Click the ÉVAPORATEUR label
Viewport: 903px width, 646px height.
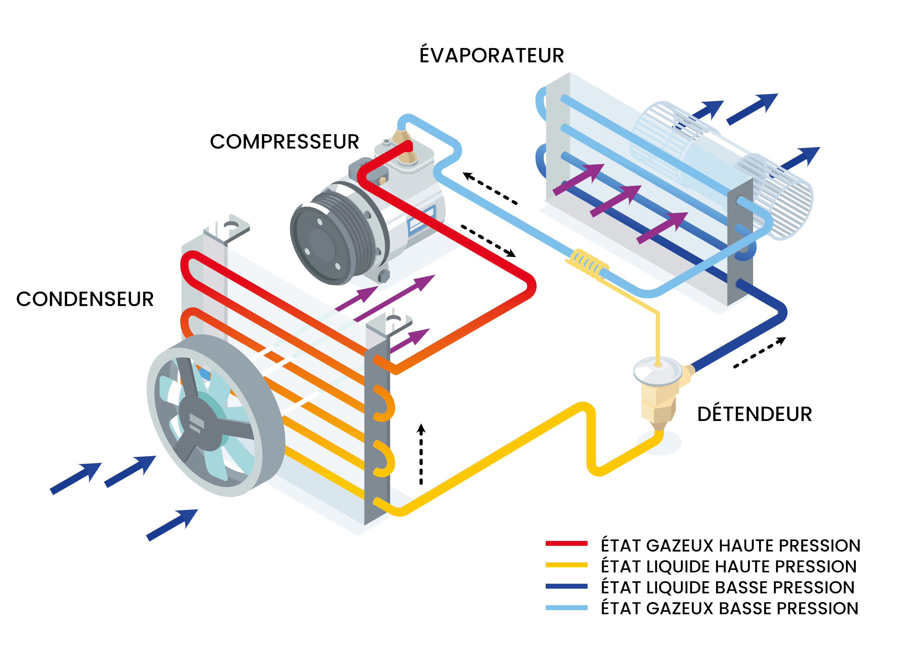click(x=492, y=55)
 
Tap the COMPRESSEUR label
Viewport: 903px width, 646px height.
click(x=284, y=142)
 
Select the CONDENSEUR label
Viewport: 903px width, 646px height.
click(x=85, y=299)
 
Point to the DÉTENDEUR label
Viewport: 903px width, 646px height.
click(x=754, y=415)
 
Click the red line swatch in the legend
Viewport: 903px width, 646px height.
click(x=566, y=543)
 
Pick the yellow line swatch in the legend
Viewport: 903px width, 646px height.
click(x=566, y=564)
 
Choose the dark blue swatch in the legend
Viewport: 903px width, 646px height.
click(x=566, y=586)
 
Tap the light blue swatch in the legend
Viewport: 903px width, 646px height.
click(x=566, y=607)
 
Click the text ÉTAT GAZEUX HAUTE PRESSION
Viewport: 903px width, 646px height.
click(x=730, y=546)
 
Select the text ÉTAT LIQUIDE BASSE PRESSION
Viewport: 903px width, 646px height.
click(x=728, y=588)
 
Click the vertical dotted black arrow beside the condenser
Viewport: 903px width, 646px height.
click(x=421, y=453)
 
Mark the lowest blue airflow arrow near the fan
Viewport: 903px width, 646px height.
click(x=172, y=525)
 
